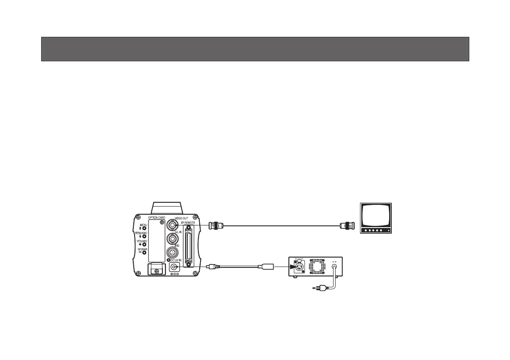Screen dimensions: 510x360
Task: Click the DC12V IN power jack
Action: pos(174,267)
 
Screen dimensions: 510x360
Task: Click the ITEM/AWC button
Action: pos(144,236)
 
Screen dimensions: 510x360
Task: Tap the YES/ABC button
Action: pos(144,244)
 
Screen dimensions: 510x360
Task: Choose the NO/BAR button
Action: pos(144,253)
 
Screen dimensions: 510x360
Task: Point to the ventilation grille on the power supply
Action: pos(318,267)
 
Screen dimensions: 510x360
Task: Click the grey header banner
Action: pos(255,49)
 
